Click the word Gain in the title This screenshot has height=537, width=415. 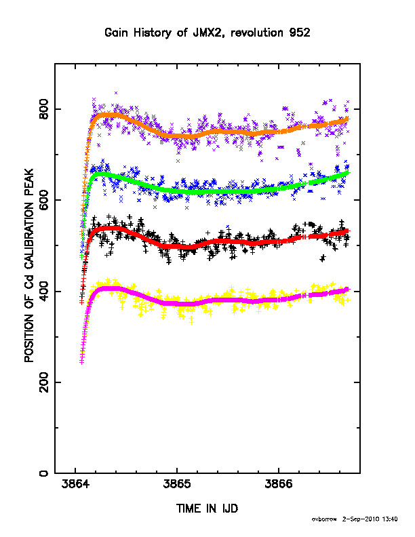click(115, 33)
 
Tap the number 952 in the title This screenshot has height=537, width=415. click(300, 33)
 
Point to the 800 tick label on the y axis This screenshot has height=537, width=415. click(44, 109)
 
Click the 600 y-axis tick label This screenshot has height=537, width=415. click(44, 200)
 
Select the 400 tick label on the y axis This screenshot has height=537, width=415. click(44, 291)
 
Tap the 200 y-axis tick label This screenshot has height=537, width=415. click(44, 382)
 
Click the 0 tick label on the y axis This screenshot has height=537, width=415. click(44, 473)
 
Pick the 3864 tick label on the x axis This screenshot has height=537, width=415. click(75, 484)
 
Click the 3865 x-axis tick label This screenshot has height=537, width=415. click(177, 484)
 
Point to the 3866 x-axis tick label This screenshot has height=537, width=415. click(279, 484)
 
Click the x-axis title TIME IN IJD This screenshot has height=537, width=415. click(207, 509)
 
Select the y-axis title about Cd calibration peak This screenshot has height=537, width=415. click(29, 265)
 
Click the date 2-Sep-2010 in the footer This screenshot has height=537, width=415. click(361, 519)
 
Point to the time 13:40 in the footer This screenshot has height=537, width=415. click(390, 519)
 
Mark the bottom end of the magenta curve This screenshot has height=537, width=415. click(81, 362)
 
